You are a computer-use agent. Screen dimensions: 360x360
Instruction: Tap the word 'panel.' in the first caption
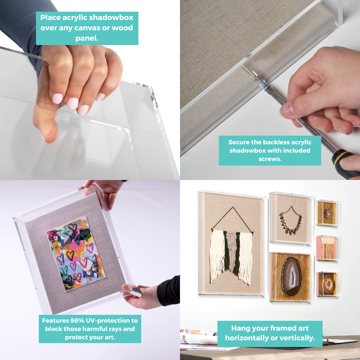click(87, 38)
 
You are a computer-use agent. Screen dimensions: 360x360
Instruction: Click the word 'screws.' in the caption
click(270, 159)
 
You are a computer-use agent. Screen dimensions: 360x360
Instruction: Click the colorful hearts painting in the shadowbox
click(76, 254)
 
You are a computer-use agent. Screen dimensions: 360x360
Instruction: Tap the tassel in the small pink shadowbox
click(329, 248)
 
